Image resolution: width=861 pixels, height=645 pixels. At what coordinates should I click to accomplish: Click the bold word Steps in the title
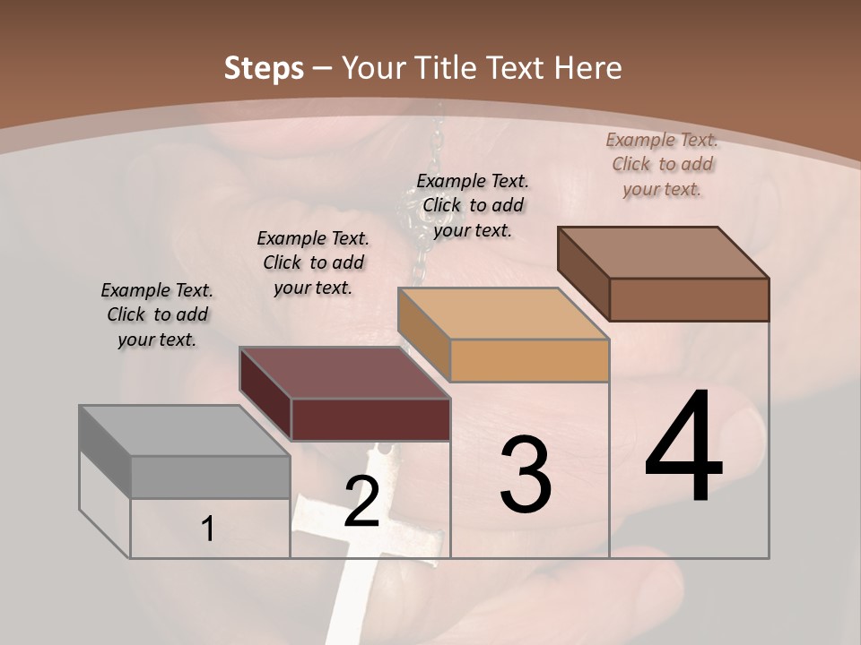pyautogui.click(x=264, y=68)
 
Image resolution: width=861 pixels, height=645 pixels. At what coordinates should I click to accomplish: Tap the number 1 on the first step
pyautogui.click(x=207, y=529)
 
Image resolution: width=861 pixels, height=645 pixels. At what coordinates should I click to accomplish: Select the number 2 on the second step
pyautogui.click(x=361, y=502)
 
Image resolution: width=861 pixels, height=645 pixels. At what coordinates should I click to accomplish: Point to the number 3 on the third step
pyautogui.click(x=526, y=475)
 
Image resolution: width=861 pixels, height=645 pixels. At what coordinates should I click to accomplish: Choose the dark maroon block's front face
pyautogui.click(x=370, y=419)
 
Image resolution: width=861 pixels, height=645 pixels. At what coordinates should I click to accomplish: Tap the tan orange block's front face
pyautogui.click(x=529, y=360)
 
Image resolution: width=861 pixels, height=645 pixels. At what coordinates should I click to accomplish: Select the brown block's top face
pyautogui.click(x=664, y=253)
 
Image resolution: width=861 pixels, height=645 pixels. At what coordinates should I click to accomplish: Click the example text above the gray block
pyautogui.click(x=157, y=314)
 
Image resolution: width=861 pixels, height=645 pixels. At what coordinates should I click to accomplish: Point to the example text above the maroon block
pyautogui.click(x=313, y=262)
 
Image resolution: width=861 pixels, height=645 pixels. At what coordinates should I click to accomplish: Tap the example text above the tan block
pyautogui.click(x=473, y=205)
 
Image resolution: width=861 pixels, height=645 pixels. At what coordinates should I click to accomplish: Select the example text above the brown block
pyautogui.click(x=662, y=164)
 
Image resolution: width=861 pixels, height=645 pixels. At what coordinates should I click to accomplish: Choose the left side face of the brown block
pyautogui.click(x=583, y=274)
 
